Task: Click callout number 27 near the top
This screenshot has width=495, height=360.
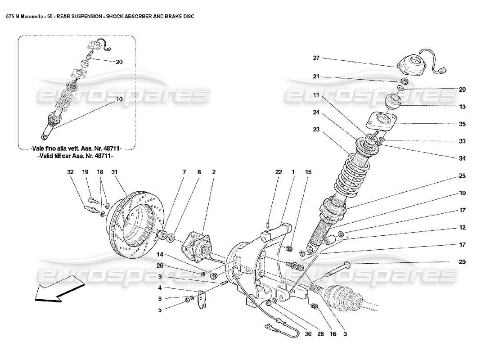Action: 316,58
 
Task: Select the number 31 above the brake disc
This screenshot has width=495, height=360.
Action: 114,171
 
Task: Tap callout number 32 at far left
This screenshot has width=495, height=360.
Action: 70,171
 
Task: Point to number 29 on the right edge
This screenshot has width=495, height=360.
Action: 462,261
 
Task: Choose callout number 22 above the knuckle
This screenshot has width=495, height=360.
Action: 279,171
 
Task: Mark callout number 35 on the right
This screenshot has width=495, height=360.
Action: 462,124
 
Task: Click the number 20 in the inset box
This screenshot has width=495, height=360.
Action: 119,62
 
